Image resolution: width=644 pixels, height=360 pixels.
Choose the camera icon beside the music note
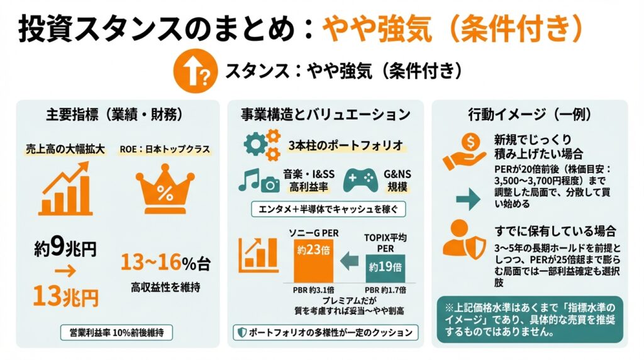coord(269,184)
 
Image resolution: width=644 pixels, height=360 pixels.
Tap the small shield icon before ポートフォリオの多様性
coord(241,332)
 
